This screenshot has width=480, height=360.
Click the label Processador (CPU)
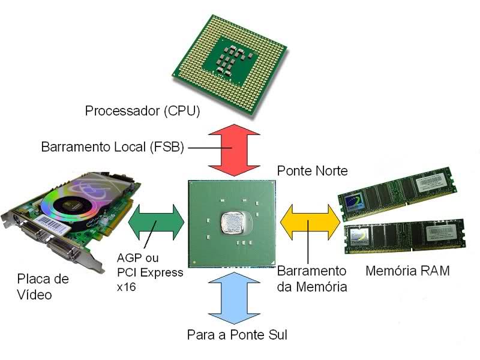(x=142, y=110)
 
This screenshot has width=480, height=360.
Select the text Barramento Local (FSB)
(x=112, y=147)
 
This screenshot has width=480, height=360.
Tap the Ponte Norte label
(x=312, y=171)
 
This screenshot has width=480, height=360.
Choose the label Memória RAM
(x=407, y=271)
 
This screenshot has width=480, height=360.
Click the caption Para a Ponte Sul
(x=237, y=334)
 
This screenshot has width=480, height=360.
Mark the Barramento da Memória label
(x=312, y=278)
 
